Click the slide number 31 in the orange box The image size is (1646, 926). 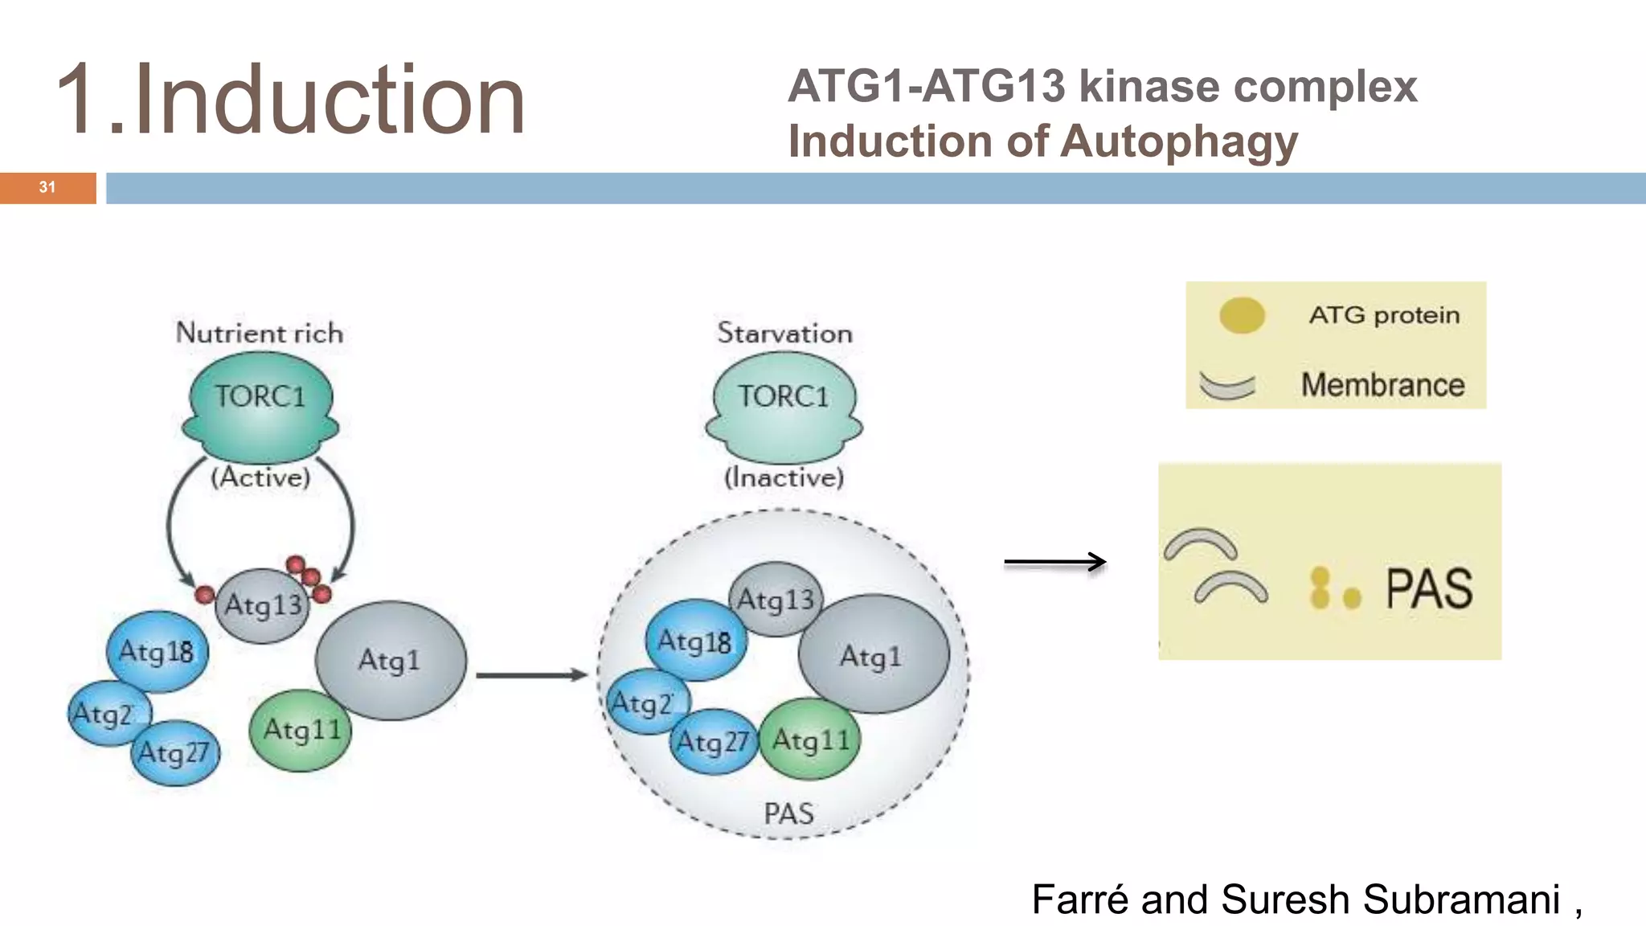(x=47, y=187)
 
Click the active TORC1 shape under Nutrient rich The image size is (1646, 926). (x=260, y=406)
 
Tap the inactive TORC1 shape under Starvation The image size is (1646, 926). (x=784, y=406)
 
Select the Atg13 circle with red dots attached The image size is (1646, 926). (x=262, y=605)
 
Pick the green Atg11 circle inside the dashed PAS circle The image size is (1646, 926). (x=810, y=740)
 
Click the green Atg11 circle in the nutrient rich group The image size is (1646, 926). (x=301, y=731)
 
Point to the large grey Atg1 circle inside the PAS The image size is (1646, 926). (x=872, y=655)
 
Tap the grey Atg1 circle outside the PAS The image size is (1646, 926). (x=391, y=660)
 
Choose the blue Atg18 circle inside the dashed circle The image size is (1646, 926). (x=695, y=641)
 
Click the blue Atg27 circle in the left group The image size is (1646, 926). (x=174, y=753)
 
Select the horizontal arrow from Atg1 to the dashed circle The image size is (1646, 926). (x=531, y=675)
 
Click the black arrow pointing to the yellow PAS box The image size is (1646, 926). (x=1054, y=562)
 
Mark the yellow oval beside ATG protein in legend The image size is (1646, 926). (x=1242, y=315)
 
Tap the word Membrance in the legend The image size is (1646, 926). (x=1382, y=385)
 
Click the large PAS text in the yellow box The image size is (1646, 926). (x=1429, y=589)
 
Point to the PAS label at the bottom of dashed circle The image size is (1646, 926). (x=788, y=813)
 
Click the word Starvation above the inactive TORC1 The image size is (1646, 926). (x=784, y=334)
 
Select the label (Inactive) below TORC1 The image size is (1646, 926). (x=784, y=477)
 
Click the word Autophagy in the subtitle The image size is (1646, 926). (x=1179, y=142)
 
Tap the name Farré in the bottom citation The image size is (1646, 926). (x=1080, y=899)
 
